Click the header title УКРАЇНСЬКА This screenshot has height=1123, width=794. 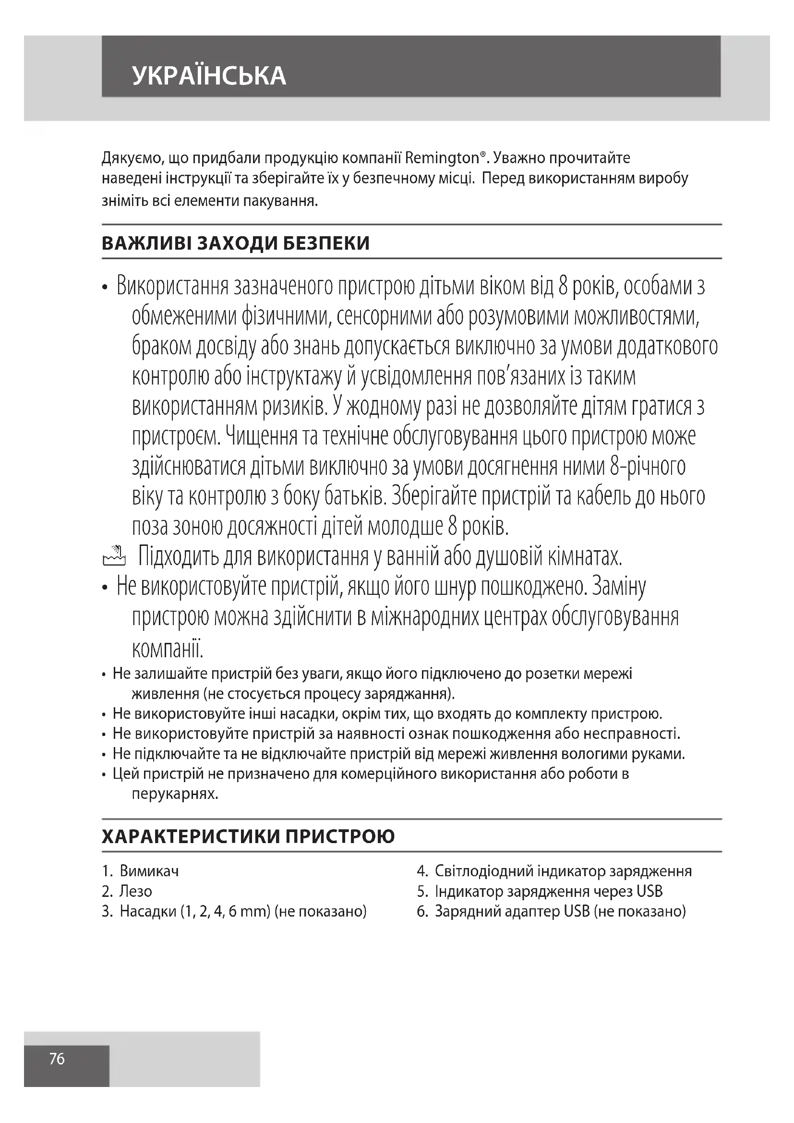pyautogui.click(x=209, y=76)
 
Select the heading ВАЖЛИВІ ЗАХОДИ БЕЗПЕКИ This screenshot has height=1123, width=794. pyautogui.click(x=236, y=243)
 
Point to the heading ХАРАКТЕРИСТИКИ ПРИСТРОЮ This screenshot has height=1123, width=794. pyautogui.click(x=248, y=837)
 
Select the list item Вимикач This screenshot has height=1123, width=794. pyautogui.click(x=149, y=871)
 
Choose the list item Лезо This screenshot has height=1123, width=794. pyautogui.click(x=135, y=891)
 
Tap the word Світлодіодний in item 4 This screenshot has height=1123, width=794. pyautogui.click(x=483, y=871)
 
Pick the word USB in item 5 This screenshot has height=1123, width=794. pyautogui.click(x=650, y=891)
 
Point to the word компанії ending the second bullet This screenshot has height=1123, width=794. pyautogui.click(x=167, y=649)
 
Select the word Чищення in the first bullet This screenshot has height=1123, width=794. pyautogui.click(x=261, y=436)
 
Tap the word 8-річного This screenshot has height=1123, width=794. pyautogui.click(x=647, y=467)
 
